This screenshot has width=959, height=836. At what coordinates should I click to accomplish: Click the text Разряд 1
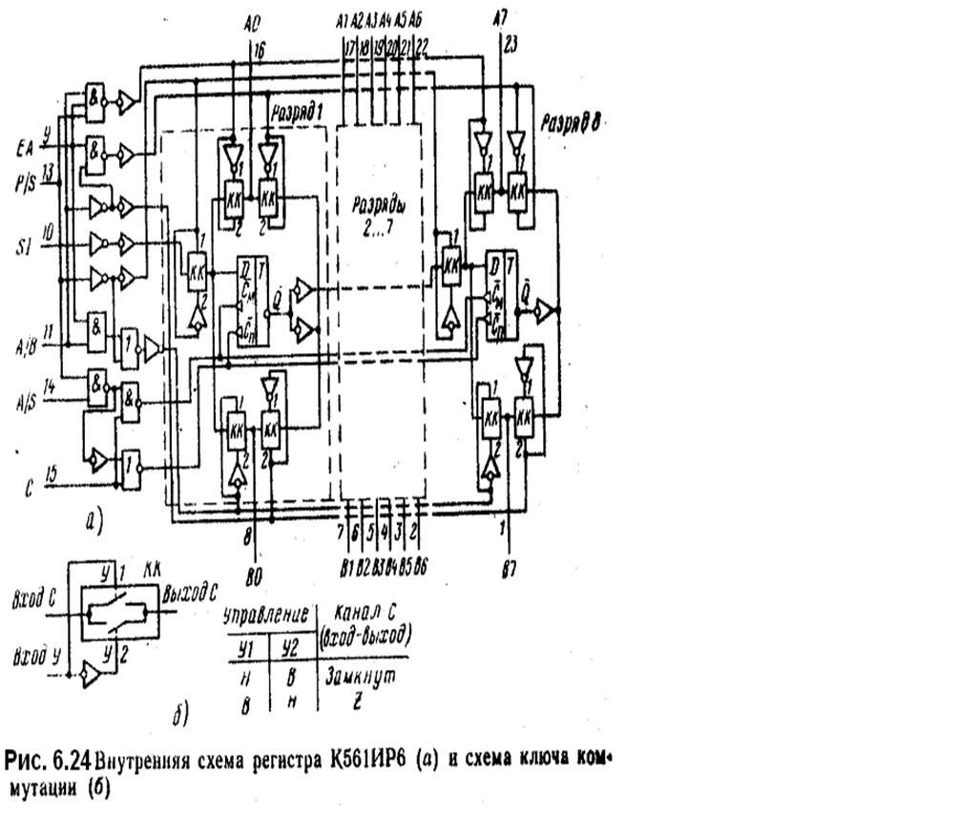[x=298, y=113]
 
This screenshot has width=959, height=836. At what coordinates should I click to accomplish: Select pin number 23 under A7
[x=511, y=43]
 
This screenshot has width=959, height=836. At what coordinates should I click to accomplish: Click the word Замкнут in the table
[x=361, y=676]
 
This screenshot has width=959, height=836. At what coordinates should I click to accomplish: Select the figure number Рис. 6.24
[x=49, y=761]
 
